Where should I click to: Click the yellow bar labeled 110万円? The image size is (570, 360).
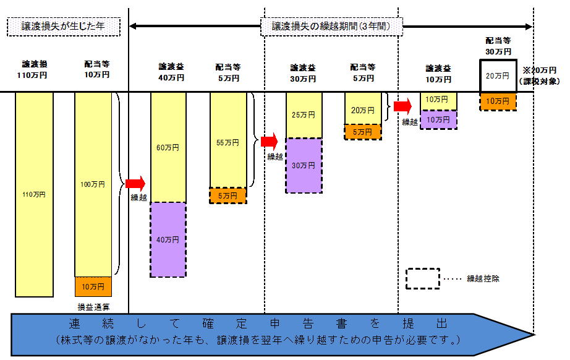[34, 195]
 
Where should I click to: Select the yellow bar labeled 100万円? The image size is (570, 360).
[93, 184]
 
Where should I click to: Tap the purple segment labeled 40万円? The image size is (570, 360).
[168, 239]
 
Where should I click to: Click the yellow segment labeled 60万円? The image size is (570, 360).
[168, 147]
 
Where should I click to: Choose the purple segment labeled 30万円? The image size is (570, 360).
[304, 165]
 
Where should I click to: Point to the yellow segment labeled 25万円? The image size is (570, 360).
[304, 115]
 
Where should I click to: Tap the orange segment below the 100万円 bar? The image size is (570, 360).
[93, 287]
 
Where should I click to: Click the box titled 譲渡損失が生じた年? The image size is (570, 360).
[64, 27]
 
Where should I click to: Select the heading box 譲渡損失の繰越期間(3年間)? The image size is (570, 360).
[331, 27]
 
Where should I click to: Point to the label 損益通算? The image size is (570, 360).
[93, 307]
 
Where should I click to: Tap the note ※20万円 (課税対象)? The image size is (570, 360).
[540, 75]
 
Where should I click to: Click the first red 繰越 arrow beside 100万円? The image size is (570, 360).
[135, 183]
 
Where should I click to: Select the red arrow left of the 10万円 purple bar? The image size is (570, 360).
[403, 106]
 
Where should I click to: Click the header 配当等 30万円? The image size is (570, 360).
[498, 46]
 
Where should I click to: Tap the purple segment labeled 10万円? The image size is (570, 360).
[438, 119]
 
